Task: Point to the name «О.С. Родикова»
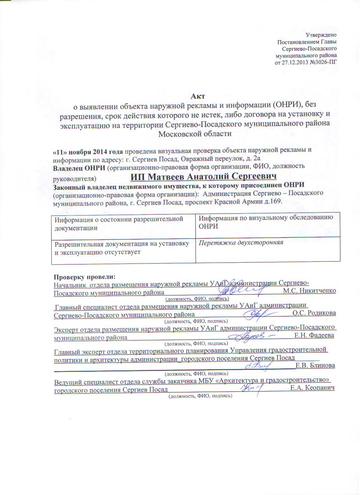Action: pos(314,314)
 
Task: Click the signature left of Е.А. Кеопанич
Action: pos(253,386)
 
